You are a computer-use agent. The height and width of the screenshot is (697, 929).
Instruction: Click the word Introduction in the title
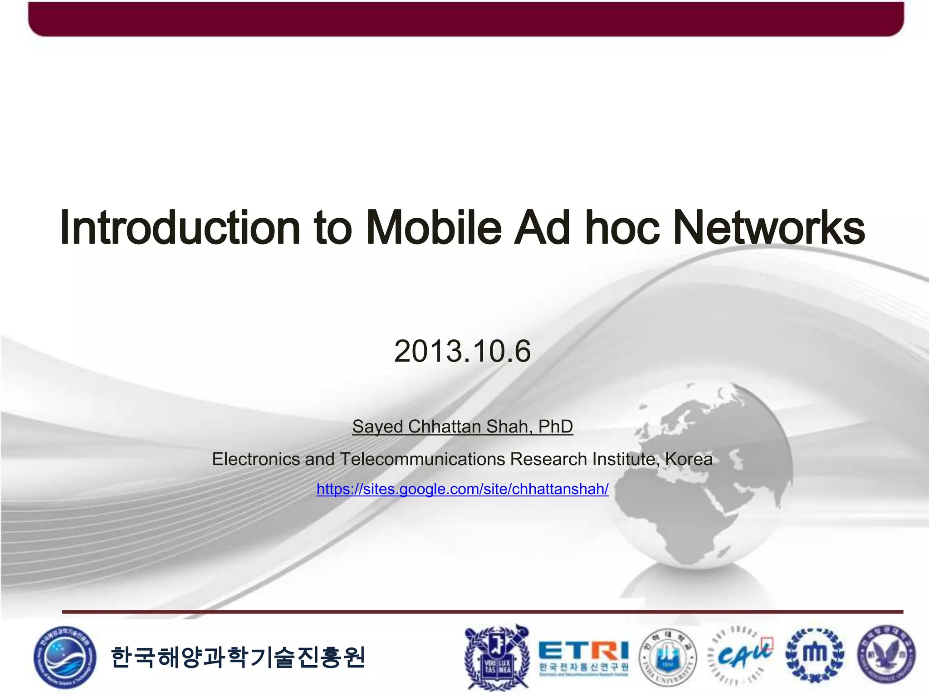click(x=180, y=228)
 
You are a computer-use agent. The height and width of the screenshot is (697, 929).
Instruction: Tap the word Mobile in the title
click(x=433, y=228)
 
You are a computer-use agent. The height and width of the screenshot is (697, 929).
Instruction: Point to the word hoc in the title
click(x=621, y=228)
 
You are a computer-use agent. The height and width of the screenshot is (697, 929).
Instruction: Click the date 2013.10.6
click(x=462, y=351)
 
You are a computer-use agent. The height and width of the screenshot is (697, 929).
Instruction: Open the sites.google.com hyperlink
click(x=462, y=489)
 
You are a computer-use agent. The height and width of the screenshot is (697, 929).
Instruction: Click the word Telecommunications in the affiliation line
click(x=422, y=459)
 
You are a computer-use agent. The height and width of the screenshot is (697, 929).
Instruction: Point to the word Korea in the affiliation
click(x=689, y=459)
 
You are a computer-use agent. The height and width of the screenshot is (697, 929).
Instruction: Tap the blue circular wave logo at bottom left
click(x=64, y=657)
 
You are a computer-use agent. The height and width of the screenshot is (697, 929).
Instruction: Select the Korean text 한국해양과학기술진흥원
click(x=238, y=657)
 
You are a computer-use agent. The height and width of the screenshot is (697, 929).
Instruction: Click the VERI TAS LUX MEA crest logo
click(x=497, y=657)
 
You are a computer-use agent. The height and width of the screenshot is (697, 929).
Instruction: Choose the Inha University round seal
click(x=667, y=657)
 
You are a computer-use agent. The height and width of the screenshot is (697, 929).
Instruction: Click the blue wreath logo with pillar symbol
click(x=815, y=655)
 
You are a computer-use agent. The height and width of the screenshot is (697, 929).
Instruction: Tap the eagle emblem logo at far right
click(x=886, y=655)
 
